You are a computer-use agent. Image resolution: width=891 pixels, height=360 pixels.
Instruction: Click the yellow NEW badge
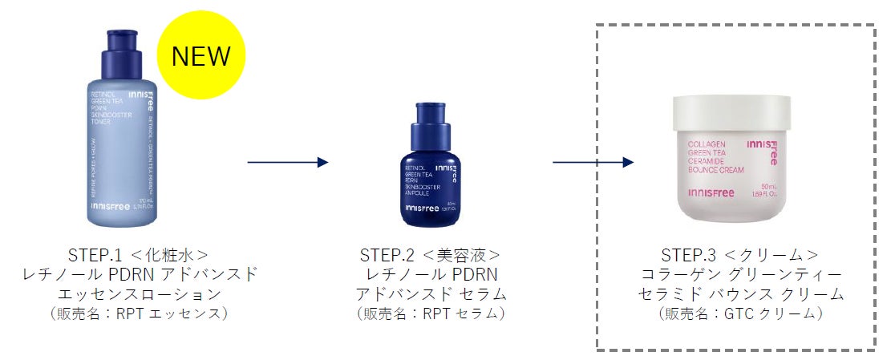point(200,55)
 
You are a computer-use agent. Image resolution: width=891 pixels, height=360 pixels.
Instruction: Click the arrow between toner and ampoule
point(288,162)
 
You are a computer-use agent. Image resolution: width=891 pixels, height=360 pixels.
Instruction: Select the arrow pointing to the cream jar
point(593,162)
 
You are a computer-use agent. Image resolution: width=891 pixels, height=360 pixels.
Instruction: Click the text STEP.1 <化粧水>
point(140,256)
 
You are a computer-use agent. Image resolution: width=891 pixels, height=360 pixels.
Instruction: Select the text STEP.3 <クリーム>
point(739,256)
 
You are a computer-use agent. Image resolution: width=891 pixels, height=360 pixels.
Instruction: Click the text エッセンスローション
point(140,294)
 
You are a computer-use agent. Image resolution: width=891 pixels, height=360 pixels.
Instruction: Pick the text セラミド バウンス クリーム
point(739,294)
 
